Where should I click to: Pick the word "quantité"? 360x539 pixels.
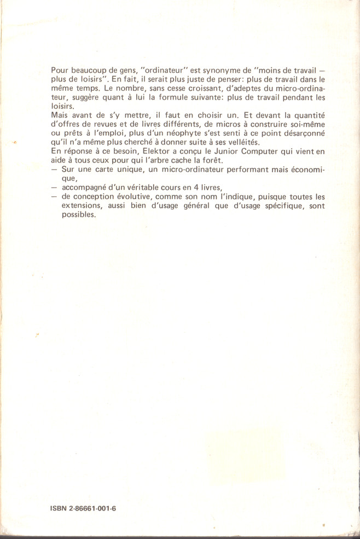pos(308,115)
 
